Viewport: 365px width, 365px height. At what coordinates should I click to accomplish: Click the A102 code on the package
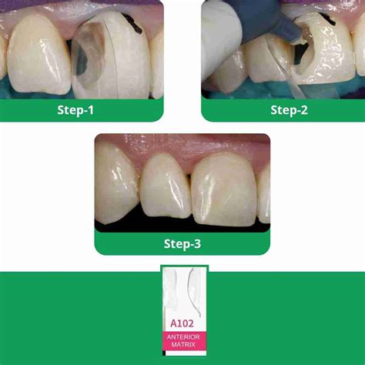pyautogui.click(x=182, y=323)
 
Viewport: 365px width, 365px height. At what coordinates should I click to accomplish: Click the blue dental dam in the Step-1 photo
pyautogui.click(x=46, y=89)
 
